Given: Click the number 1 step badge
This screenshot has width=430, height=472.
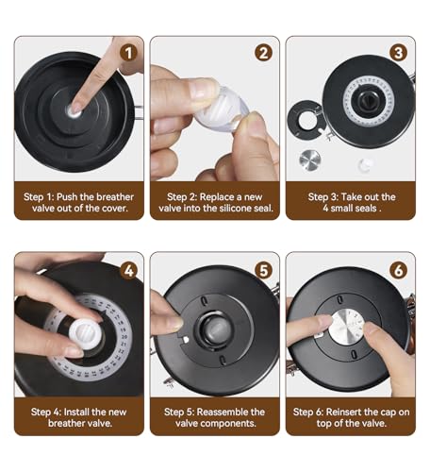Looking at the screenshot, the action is coord(128,53).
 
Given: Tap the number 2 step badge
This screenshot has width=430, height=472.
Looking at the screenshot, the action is coord(263,53).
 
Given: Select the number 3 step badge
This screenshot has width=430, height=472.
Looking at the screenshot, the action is coord(399,53).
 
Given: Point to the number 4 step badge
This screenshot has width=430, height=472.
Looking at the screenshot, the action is coord(129,271).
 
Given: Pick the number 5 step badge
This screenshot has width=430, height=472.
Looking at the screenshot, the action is coord(264,270).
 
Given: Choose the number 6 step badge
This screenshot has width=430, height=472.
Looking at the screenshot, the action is coord(399,270).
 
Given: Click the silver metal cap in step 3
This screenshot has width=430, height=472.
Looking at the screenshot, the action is coord(310,160).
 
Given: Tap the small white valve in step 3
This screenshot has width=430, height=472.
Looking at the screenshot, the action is coord(366,164).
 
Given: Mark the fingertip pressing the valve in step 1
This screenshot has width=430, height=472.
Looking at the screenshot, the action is coord(75,109).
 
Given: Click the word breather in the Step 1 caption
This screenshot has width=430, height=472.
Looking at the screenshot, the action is coord(115,197).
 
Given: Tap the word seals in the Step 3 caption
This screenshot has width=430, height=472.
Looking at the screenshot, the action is coord(365,209).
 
